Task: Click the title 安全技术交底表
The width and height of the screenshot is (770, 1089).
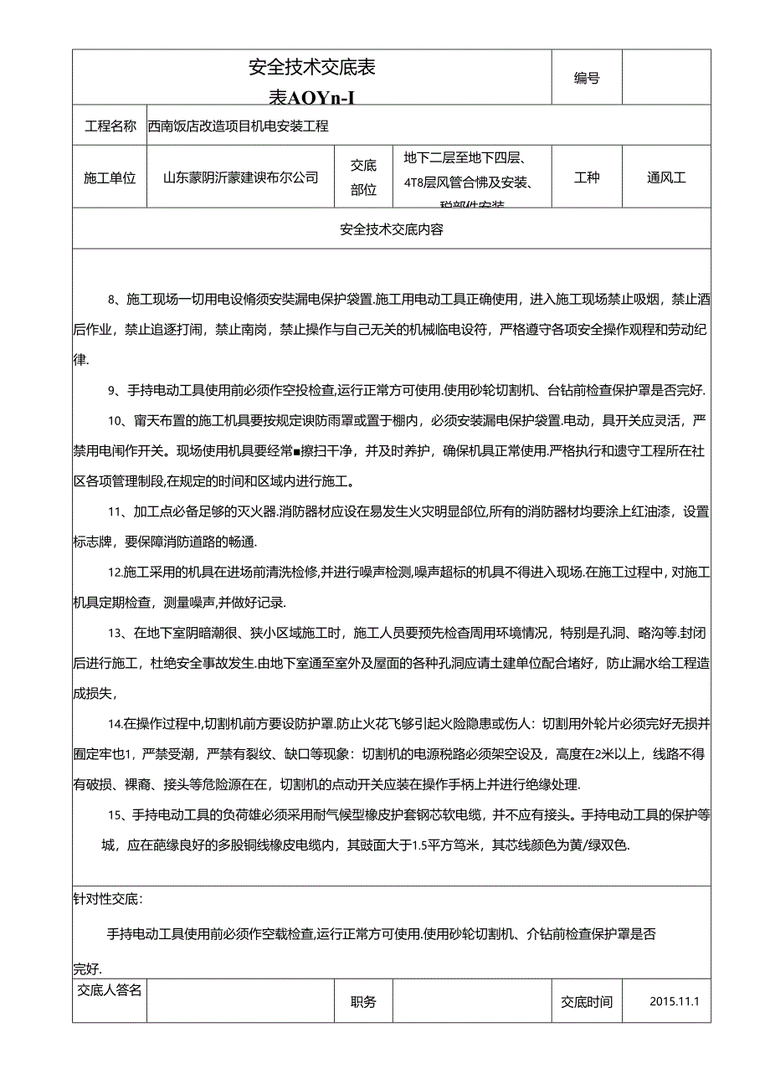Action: pos(312,68)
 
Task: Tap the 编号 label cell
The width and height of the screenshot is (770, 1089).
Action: pos(587,78)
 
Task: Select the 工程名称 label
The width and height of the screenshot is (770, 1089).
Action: pos(110,126)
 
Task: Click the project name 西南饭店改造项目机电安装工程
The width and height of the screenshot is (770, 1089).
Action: pos(238,126)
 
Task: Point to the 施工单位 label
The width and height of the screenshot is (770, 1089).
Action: pos(110,177)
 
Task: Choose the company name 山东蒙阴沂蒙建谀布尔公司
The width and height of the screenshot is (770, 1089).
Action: pos(241,177)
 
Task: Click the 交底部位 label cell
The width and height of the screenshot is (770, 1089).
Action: pos(364,177)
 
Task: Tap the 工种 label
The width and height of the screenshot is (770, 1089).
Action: pos(587,177)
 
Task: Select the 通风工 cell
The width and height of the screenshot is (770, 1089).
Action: pos(666,177)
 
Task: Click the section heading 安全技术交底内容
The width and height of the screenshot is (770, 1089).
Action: pos(392,229)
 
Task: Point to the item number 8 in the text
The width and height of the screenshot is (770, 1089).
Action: pos(112,299)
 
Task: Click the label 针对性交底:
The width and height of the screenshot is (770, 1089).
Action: pos(108,899)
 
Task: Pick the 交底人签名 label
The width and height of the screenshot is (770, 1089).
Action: pos(110,990)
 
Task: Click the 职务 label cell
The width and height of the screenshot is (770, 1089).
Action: pos(364,1002)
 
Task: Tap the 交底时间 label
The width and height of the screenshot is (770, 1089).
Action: pos(587,1002)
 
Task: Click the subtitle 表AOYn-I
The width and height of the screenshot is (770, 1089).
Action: pos(311,98)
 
